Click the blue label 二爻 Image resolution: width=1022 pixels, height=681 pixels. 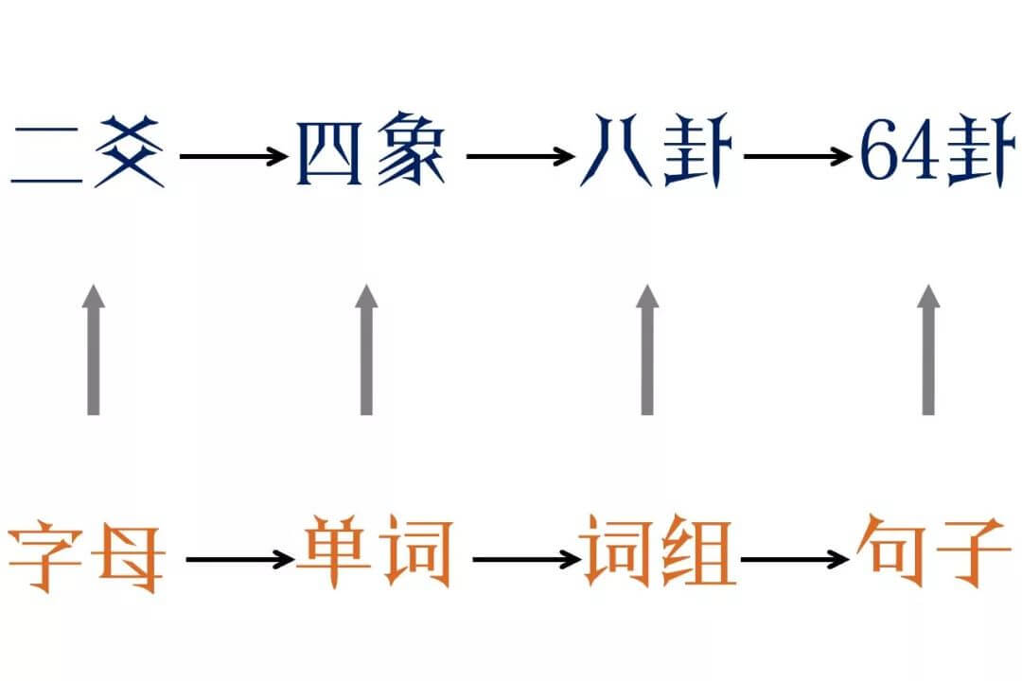click(x=87, y=152)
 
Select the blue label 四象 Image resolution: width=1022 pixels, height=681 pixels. click(x=370, y=152)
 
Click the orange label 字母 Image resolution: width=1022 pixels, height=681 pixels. click(x=87, y=556)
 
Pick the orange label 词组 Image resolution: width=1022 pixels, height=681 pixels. click(x=660, y=556)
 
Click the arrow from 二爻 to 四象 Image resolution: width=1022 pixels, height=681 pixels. click(x=233, y=156)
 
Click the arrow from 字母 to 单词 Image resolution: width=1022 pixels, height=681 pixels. click(x=240, y=559)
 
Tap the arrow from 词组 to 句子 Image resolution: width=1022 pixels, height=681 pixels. click(x=795, y=559)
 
